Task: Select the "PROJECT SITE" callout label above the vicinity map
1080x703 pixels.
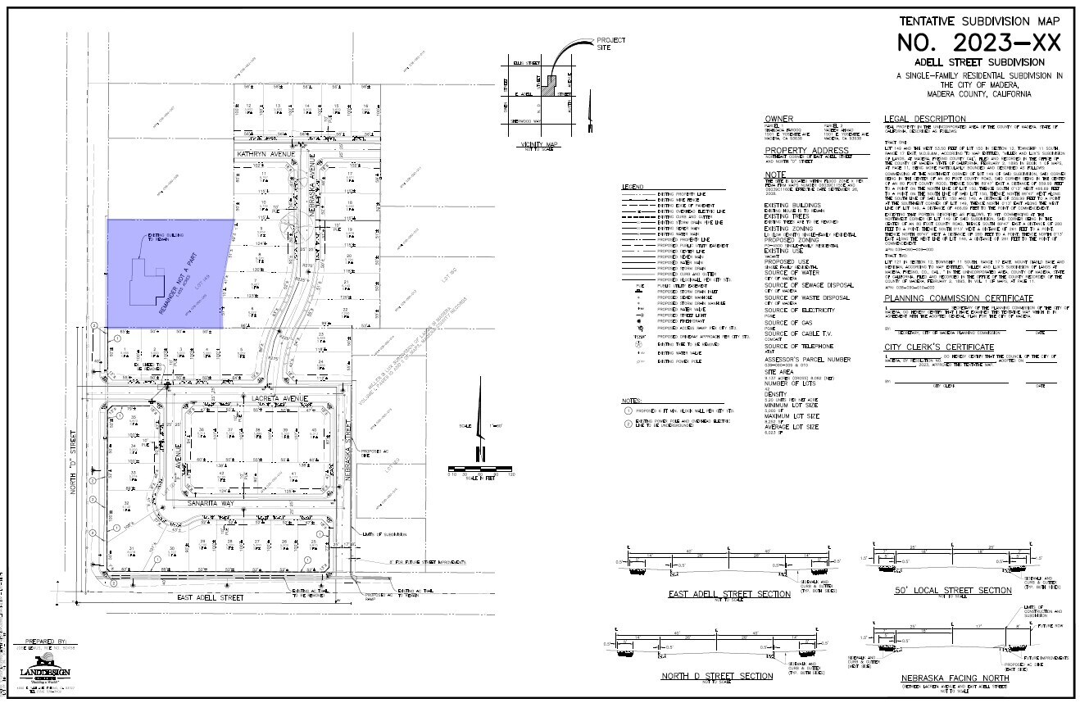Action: tap(610, 43)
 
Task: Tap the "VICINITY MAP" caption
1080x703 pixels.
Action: tap(538, 144)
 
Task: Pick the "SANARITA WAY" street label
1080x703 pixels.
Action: tap(211, 502)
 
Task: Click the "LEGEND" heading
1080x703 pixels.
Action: tap(633, 187)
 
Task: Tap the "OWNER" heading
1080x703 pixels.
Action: tap(778, 119)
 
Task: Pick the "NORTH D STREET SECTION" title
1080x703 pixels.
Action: tap(717, 676)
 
